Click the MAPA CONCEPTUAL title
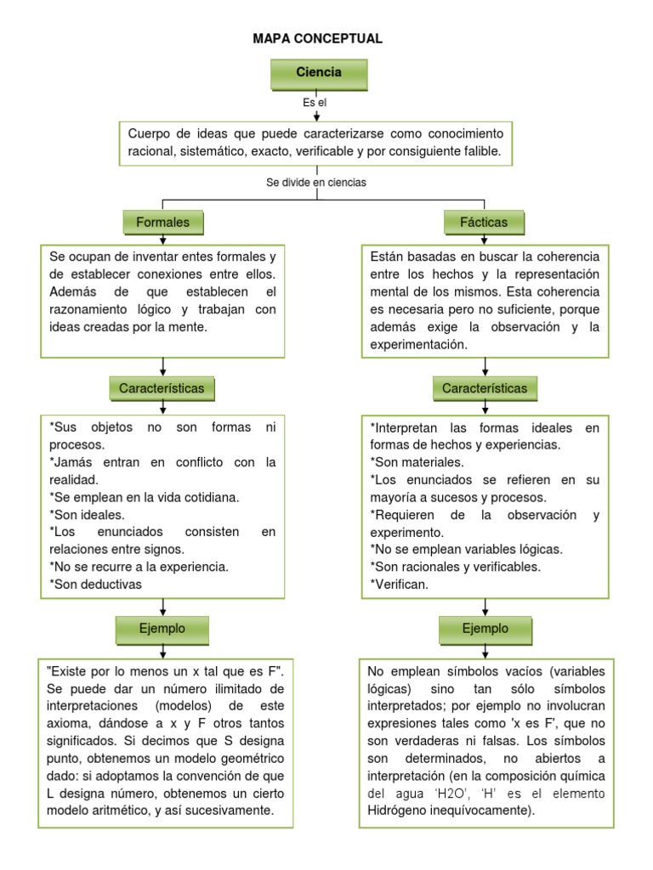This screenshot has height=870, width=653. click(318, 39)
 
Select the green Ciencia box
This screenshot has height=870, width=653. click(319, 73)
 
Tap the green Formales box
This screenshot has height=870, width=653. click(162, 223)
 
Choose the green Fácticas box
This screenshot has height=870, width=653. click(485, 223)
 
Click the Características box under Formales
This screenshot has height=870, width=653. click(162, 388)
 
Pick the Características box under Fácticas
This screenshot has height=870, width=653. click(485, 388)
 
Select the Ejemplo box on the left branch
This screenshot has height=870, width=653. click(162, 629)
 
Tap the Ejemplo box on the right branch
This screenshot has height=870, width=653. click(485, 629)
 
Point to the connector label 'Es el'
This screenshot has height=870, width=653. click(315, 102)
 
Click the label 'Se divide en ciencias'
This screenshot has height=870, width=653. click(316, 182)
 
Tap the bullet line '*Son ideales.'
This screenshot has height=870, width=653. click(88, 514)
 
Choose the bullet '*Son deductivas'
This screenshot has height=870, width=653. click(96, 584)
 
